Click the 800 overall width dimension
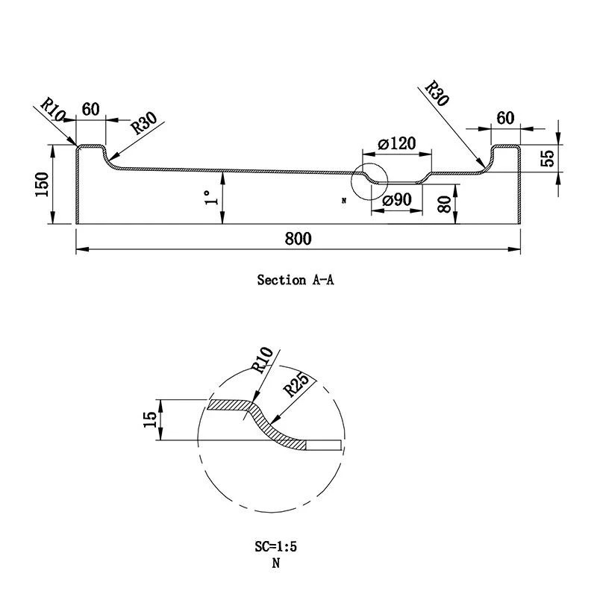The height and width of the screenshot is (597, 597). coord(297,239)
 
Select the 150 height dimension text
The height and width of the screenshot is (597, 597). coord(42,184)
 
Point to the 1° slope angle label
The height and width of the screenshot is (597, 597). coord(211,197)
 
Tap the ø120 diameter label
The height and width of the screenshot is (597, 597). coord(396,144)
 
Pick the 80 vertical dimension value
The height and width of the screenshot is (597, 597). coord(444,204)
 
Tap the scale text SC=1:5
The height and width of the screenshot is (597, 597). coord(275,546)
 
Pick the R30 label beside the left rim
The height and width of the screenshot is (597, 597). coord(143,125)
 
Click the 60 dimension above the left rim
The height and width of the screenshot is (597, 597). coord(90,109)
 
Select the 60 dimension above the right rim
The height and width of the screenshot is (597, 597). coord(505,117)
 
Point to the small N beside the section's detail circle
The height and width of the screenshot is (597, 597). coord(344,201)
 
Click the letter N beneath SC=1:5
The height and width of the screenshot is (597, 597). coord(275,564)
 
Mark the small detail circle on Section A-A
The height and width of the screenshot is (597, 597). coord(371,181)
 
